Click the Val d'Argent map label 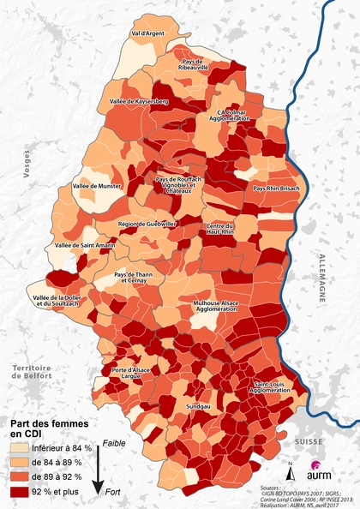[x=147, y=33]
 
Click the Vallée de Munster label [x=99, y=185]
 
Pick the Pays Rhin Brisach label [x=276, y=188]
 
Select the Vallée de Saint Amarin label [x=85, y=245]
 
